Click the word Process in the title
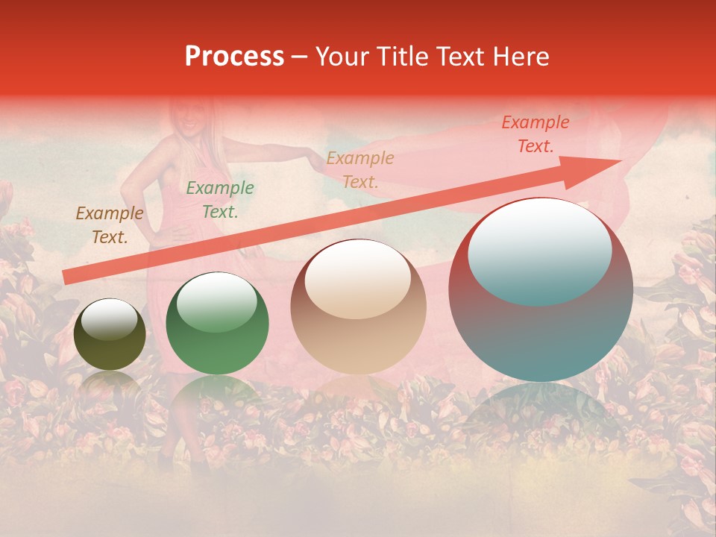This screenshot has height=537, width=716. point(234,57)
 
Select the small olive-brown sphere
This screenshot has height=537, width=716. point(110,334)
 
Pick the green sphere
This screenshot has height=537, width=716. point(217,323)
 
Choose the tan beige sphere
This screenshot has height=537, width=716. point(358,307)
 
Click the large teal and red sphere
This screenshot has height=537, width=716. point(541,289)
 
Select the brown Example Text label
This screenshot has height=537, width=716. point(110,225)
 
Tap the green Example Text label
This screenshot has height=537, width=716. point(220,200)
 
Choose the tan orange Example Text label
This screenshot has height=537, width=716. point(360,170)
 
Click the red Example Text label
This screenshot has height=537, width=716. point(536,134)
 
